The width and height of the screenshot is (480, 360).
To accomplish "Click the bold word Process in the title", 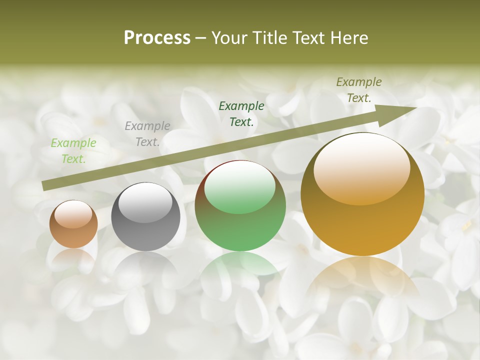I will [x=157, y=38].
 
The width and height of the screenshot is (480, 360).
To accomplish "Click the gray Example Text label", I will [x=147, y=134].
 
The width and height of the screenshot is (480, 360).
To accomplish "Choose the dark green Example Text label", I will [x=241, y=113].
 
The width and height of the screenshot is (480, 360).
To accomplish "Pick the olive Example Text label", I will [x=359, y=90].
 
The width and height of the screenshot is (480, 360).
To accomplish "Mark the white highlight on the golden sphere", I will [x=361, y=167].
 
